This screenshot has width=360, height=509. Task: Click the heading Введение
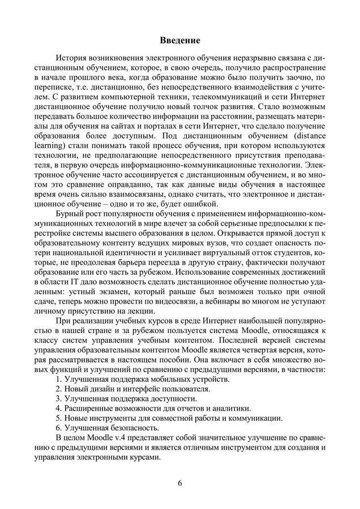coord(179,41)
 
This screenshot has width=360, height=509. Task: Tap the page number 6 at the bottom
coord(179,484)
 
